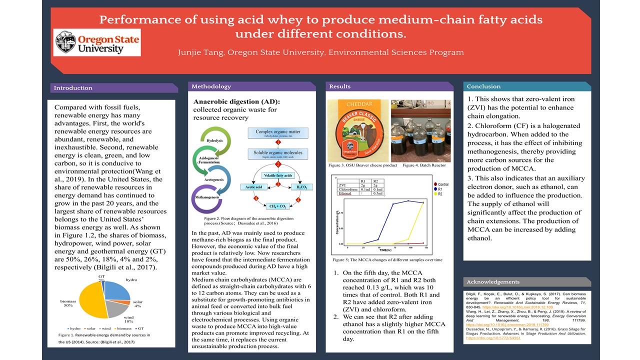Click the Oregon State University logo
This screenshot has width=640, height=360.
coord(97,42)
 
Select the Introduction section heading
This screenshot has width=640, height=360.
coord(73,88)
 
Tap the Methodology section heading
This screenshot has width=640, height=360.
coord(211,86)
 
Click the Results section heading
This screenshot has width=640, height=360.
coord(340,86)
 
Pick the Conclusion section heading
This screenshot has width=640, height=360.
coord(483,86)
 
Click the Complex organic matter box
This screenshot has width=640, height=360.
coord(277,133)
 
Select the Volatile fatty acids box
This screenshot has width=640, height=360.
coord(277,175)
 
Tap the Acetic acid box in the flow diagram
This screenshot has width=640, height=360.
coord(254,186)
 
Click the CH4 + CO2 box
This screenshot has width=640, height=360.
coord(277,206)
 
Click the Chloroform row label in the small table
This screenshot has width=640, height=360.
coord(348,189)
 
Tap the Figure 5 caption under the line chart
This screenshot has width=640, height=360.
coord(387,260)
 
